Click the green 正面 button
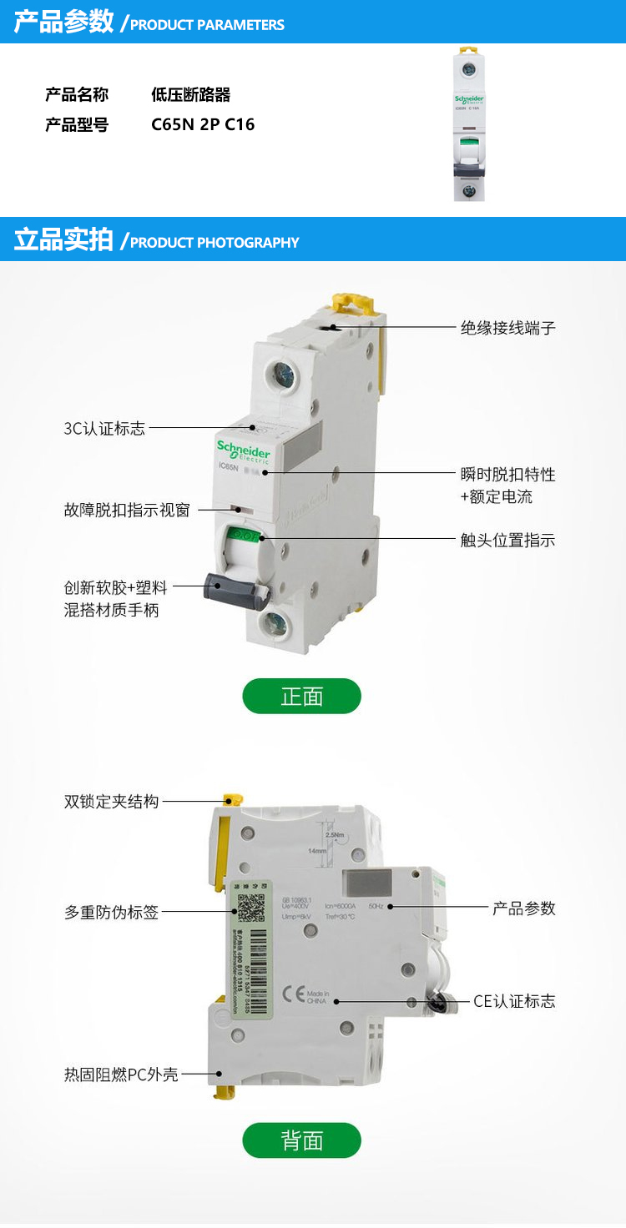301,696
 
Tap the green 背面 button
301,1140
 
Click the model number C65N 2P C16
203,125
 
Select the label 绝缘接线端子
507,328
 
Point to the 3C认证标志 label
104,429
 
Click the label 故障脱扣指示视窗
127,510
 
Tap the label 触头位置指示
507,540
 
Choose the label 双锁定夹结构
111,802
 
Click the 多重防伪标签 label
111,913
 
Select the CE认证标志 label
514,1001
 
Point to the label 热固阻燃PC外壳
121,1074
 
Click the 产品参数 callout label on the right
523,908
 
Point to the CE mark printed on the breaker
293,994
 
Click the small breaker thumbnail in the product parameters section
469,125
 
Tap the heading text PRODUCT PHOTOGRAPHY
215,243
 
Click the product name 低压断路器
190,95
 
